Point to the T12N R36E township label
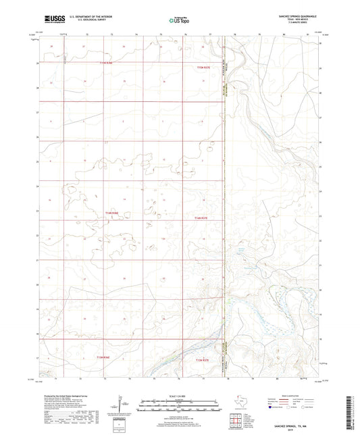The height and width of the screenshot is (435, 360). (103, 63)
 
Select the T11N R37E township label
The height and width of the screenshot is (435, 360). (203, 218)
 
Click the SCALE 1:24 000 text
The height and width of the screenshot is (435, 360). (179, 396)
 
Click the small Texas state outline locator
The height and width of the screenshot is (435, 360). (242, 403)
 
